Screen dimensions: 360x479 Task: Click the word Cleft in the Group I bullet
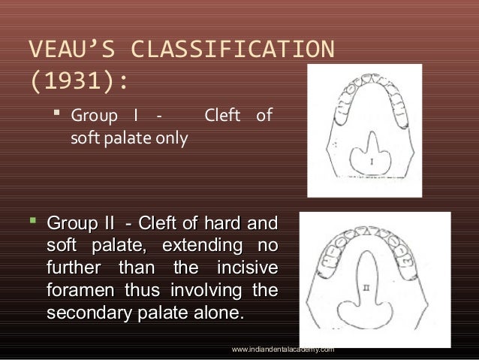[x=224, y=117]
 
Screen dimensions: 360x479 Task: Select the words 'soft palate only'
[x=128, y=138]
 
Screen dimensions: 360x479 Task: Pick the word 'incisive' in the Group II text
[x=247, y=268]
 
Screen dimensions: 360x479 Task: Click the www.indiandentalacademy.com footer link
[x=283, y=349]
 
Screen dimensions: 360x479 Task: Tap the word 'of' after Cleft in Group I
[x=264, y=117]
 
